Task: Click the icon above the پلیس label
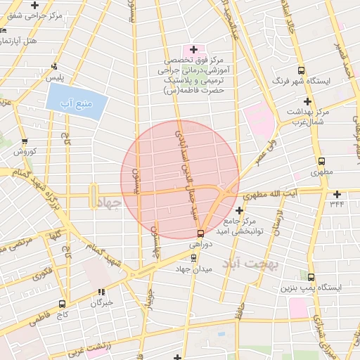coord(54,67)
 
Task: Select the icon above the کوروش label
coord(25,141)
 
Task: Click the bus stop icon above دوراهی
coord(200,233)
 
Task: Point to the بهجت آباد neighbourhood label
coord(250,264)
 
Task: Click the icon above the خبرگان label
coord(103,291)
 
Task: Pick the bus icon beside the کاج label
coord(63,304)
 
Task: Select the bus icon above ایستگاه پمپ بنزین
coord(310,277)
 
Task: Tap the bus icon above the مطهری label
coord(321,161)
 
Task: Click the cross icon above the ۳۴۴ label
coord(337,194)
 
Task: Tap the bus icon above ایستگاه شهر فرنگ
coord(301,70)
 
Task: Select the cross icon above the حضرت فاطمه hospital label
coord(193,49)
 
